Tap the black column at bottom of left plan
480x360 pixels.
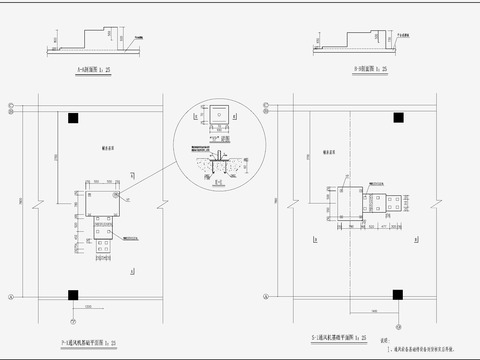click(74, 294)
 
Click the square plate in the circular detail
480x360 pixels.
click(218, 117)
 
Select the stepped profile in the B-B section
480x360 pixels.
click(345, 42)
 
